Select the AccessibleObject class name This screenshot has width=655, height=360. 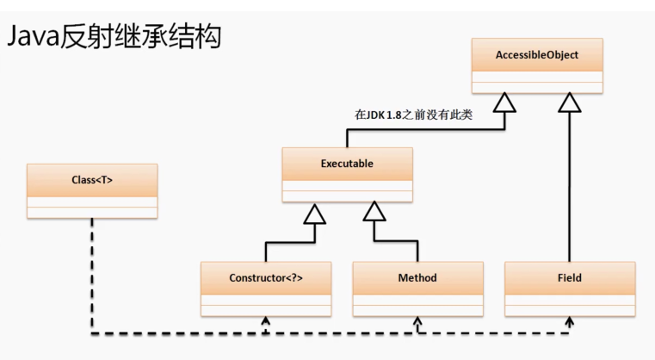(537, 55)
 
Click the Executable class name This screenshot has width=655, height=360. (348, 164)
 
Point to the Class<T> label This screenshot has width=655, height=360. (92, 180)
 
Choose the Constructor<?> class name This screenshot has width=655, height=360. (266, 278)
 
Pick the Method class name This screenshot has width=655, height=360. (417, 278)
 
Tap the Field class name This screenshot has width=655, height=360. (570, 278)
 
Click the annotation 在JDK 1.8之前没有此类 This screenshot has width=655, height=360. (414, 114)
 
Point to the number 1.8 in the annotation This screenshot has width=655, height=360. (403, 114)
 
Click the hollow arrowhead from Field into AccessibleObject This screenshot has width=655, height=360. (570, 102)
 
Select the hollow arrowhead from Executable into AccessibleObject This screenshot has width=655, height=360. (504, 102)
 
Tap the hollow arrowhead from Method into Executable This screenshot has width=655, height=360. (374, 212)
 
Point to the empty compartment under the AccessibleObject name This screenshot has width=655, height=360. (537, 81)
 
